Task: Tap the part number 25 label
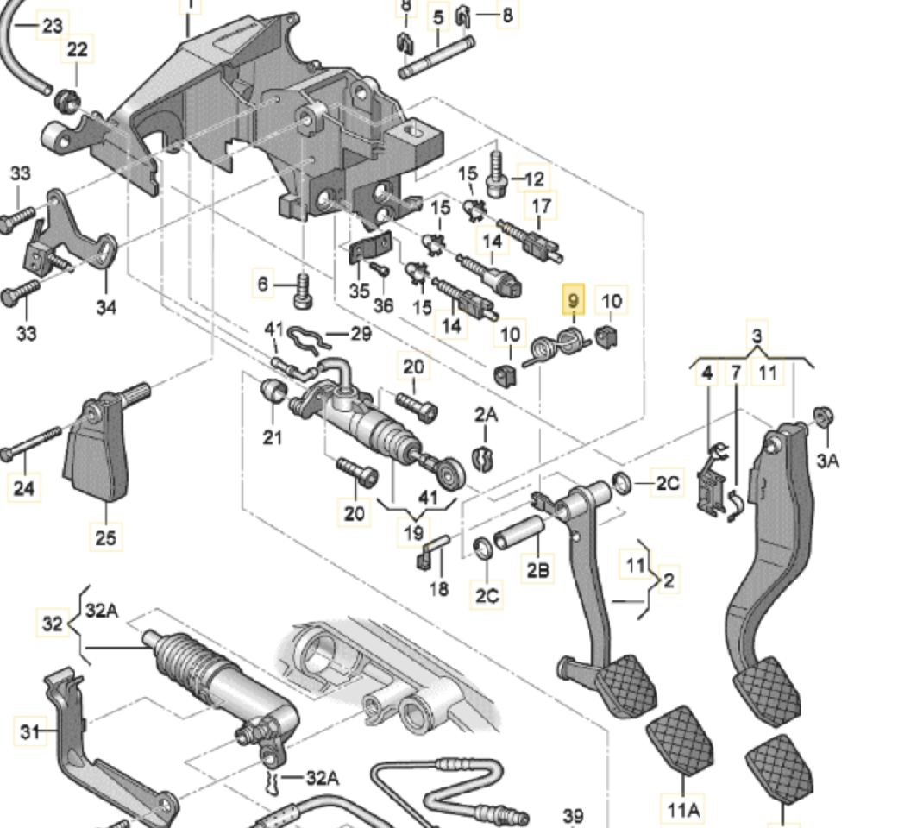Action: (105, 538)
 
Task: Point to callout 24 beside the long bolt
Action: (24, 488)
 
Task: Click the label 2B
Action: (538, 570)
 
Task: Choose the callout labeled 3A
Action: (827, 461)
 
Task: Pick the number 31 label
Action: (30, 732)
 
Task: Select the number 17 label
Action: (541, 207)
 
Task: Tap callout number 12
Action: (534, 179)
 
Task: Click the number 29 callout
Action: (360, 333)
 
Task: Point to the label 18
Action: (439, 589)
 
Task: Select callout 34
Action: (106, 306)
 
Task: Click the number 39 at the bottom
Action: (573, 815)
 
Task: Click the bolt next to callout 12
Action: (496, 173)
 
